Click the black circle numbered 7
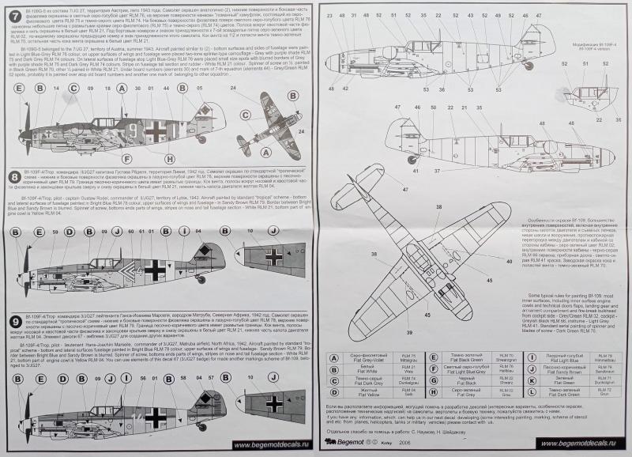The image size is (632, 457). pyautogui.click(x=14, y=14)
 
